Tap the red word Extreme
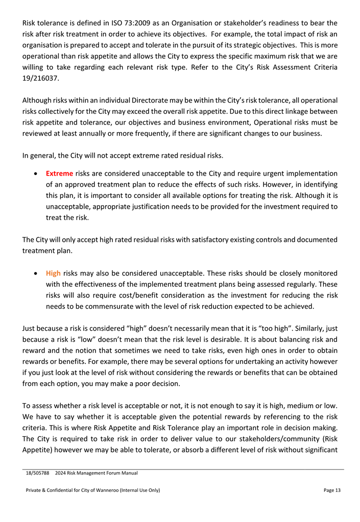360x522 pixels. (59, 173)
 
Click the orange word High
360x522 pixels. (53, 273)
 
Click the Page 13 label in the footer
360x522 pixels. (332, 490)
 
